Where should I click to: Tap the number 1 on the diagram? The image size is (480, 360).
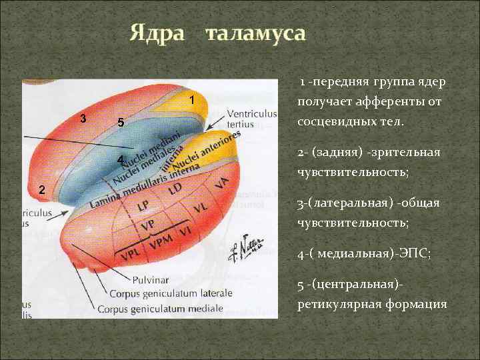tap(191, 101)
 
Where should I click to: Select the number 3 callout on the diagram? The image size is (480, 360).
tap(82, 118)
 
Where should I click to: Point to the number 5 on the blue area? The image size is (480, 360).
tap(120, 123)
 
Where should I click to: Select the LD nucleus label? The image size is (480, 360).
tap(175, 190)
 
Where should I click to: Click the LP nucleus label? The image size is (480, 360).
tap(143, 207)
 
